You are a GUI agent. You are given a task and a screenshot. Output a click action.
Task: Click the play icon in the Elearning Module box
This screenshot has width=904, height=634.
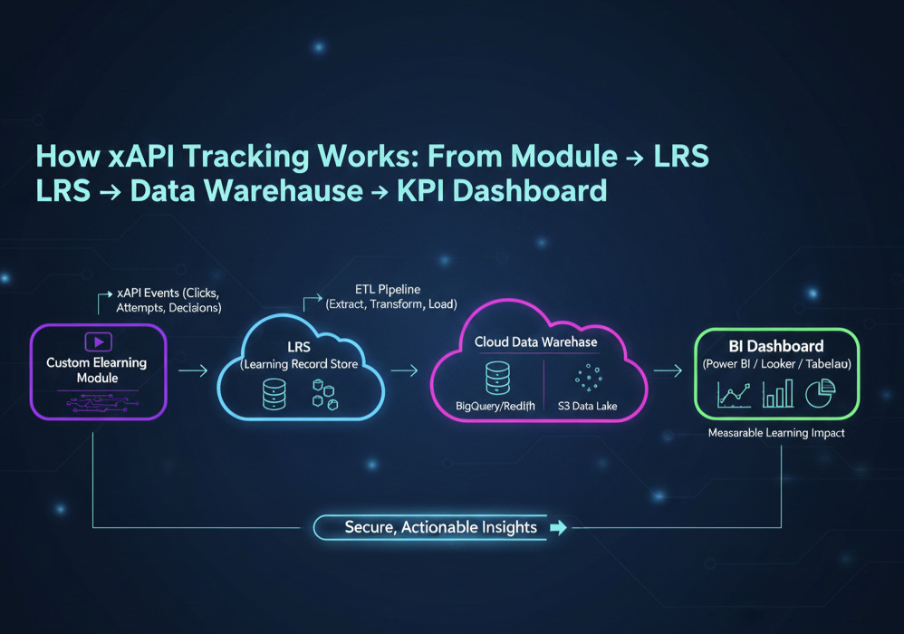click(97, 342)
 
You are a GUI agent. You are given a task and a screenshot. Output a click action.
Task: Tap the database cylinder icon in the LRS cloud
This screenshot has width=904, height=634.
click(273, 394)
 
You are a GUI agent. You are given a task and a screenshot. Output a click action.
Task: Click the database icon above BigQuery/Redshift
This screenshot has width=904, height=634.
click(498, 375)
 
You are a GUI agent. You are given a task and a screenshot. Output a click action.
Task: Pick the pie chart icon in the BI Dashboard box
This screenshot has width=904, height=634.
click(820, 392)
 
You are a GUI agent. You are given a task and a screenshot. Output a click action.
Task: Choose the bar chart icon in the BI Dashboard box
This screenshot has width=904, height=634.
click(777, 393)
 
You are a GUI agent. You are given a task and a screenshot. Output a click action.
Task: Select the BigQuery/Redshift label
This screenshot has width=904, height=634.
click(495, 407)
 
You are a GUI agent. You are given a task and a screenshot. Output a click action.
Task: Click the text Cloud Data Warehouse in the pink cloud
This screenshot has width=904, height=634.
click(536, 342)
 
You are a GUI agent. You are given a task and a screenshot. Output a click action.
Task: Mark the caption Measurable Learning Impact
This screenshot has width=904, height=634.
click(775, 434)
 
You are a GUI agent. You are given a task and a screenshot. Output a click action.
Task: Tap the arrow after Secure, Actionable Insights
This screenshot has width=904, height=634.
click(558, 527)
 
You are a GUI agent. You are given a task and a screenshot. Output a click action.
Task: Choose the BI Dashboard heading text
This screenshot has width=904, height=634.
click(775, 346)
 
